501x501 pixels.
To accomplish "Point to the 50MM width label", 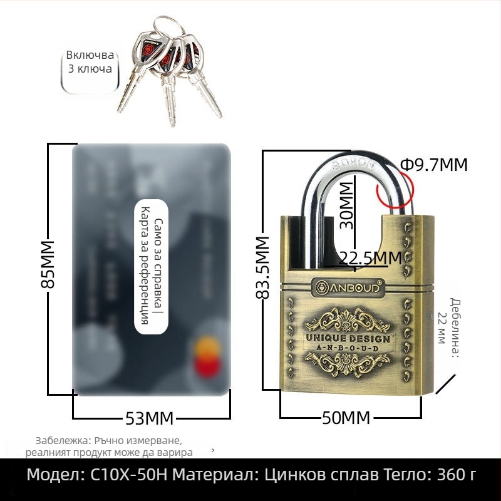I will [346, 418].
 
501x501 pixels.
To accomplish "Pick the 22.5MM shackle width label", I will [370, 257].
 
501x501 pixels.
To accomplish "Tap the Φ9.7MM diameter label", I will [433, 165].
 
